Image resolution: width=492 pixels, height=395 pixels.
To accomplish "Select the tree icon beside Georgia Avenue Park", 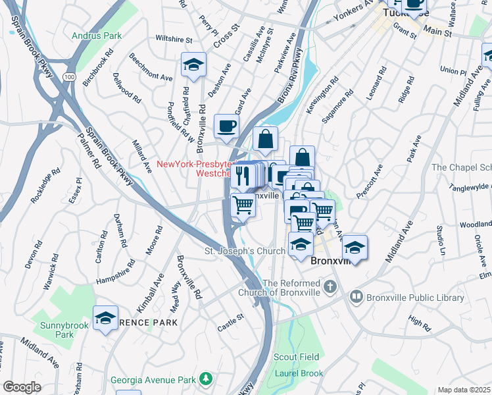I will point(207,379).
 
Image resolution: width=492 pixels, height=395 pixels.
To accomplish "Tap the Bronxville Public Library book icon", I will point(357,298).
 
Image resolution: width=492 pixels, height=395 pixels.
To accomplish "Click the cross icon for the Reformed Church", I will point(330,287).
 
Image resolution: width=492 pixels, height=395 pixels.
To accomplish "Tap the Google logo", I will point(22,387).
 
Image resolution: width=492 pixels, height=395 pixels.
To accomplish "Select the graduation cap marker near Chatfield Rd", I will point(193,65).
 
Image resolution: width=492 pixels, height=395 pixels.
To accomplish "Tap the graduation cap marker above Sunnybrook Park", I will point(105,318).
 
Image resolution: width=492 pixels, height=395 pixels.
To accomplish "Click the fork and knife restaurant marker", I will point(241,175).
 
